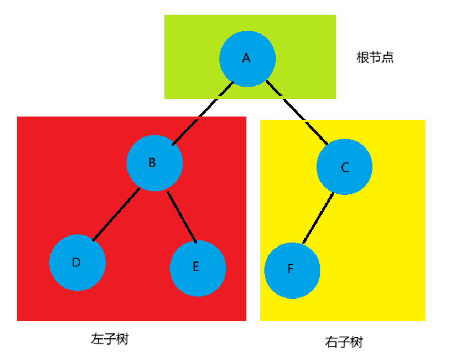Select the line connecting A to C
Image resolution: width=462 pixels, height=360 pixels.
[296, 113]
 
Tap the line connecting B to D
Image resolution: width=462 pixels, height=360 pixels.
[116, 215]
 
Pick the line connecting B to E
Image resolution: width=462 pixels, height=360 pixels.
[182, 217]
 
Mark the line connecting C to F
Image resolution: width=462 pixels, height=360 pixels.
[318, 218]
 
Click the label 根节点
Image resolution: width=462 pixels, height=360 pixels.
[375, 58]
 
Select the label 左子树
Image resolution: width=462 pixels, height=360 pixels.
[109, 339]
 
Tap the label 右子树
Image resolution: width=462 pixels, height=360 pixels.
[344, 342]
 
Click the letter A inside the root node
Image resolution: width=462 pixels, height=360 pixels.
[246, 58]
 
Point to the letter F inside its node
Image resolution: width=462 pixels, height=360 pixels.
[290, 269]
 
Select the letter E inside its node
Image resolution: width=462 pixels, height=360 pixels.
[196, 266]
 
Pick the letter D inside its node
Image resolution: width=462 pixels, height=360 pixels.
[76, 262]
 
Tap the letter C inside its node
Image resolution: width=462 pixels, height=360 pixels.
[345, 167]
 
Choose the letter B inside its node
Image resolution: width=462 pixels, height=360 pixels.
[152, 162]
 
